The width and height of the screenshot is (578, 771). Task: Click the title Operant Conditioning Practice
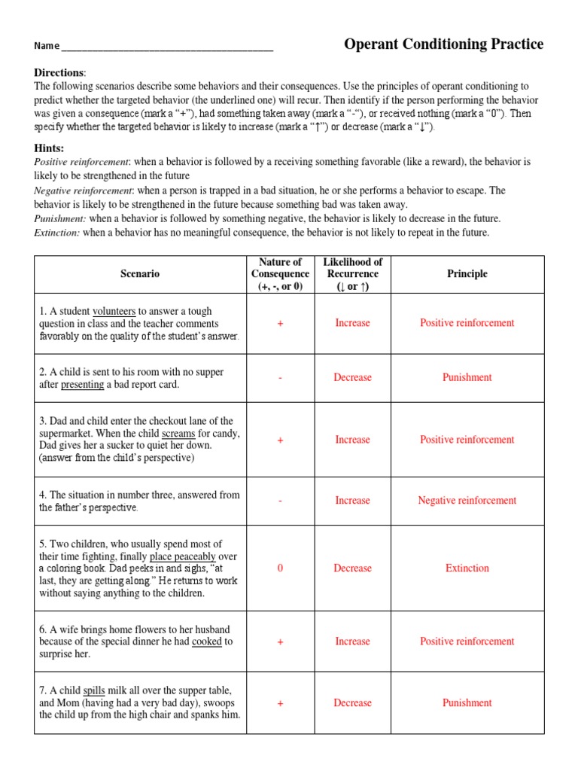(443, 44)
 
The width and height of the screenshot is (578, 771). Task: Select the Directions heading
(59, 72)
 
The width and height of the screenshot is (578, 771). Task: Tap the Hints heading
(49, 148)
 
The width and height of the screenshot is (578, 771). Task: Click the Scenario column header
(139, 274)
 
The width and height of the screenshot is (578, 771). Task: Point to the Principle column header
(467, 274)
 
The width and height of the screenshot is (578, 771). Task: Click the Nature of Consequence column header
(280, 274)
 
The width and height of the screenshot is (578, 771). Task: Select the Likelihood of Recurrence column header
(352, 274)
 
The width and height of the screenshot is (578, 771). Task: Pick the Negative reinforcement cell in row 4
(467, 501)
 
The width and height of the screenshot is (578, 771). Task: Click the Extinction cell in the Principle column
(467, 568)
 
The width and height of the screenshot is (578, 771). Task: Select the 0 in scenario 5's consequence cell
(280, 568)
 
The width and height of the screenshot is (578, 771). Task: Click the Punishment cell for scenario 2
(467, 378)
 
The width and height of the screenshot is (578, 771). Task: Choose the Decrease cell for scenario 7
(352, 703)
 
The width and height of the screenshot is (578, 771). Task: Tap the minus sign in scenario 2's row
(280, 378)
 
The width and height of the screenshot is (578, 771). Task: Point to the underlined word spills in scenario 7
(94, 690)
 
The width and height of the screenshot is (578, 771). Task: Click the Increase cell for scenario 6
(352, 641)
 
